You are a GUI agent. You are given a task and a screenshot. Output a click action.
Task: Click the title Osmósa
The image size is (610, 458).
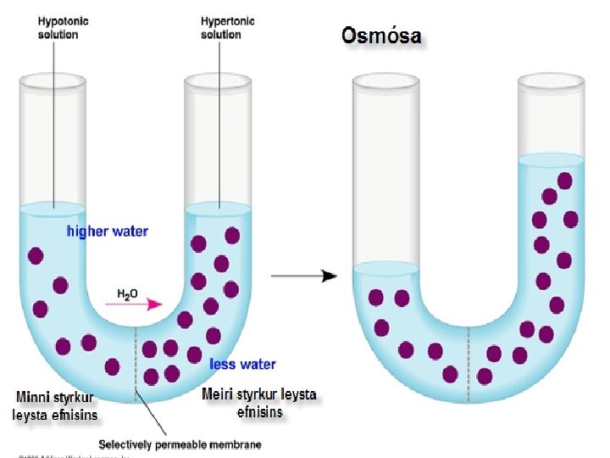pyautogui.click(x=380, y=36)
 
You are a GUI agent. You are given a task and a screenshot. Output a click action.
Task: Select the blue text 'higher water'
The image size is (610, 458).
pyautogui.click(x=107, y=232)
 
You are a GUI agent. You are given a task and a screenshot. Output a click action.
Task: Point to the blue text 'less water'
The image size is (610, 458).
pyautogui.click(x=242, y=364)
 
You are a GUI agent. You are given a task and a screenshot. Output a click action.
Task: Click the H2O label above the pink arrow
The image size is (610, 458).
pyautogui.click(x=128, y=294)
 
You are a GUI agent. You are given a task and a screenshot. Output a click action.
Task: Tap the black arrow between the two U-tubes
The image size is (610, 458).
pyautogui.click(x=304, y=276)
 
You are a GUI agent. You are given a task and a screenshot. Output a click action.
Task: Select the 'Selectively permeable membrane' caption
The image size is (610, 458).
pyautogui.click(x=180, y=444)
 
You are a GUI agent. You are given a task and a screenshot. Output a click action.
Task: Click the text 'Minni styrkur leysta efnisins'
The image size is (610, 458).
pyautogui.click(x=56, y=406)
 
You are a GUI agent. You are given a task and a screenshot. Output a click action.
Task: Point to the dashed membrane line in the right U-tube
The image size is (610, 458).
pyautogui.click(x=469, y=356)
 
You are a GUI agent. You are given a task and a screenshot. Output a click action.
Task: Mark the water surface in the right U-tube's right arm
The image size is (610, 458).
pyautogui.click(x=551, y=159)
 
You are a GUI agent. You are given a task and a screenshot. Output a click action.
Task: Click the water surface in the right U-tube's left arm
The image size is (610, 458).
pyautogui.click(x=385, y=269)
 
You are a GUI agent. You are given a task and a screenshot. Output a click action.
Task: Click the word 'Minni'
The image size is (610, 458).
pyautogui.click(x=34, y=397)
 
